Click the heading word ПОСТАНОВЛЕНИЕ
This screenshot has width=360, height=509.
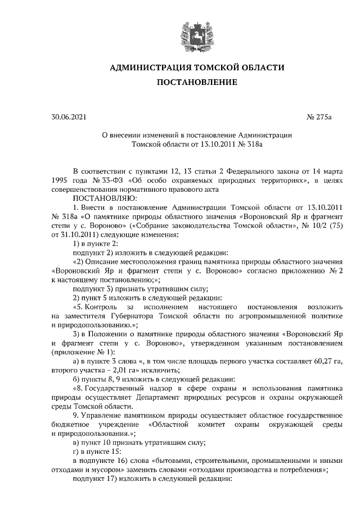197,83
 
